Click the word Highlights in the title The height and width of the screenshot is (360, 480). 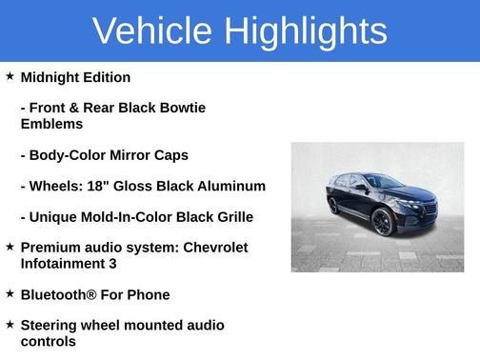306,31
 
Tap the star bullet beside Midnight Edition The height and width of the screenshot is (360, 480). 10,76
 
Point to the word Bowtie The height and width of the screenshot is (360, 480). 183,108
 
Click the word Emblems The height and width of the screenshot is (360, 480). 51,124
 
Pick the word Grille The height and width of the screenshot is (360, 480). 232,217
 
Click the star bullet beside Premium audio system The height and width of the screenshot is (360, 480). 10,247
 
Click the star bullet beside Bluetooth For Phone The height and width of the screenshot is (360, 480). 10,293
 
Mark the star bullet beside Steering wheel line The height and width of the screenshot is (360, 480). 10,325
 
